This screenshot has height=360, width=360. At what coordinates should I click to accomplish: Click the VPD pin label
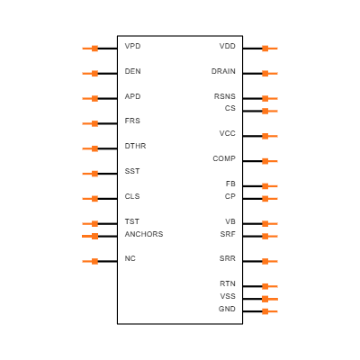132,46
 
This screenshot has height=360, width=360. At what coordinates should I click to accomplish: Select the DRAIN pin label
223,71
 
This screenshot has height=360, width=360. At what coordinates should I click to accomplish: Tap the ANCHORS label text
144,234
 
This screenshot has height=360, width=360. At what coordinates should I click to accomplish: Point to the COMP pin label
224,158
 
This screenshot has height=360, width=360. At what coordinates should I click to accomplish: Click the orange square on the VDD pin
265,49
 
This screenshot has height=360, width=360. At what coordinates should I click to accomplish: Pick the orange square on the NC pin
94,261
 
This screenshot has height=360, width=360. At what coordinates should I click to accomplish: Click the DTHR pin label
135,146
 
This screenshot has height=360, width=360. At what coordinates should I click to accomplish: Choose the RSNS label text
225,96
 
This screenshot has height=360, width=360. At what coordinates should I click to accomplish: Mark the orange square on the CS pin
265,111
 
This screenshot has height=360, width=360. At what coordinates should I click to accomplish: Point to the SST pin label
132,171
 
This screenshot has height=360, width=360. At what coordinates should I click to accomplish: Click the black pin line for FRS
107,123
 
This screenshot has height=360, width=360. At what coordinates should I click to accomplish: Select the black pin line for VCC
252,136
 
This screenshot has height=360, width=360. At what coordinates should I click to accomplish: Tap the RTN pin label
228,283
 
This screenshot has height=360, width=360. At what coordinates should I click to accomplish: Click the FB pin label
230,184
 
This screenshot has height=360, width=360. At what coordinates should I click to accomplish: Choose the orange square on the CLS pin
94,199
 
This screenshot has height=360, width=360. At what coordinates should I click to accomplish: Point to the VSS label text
228,296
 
